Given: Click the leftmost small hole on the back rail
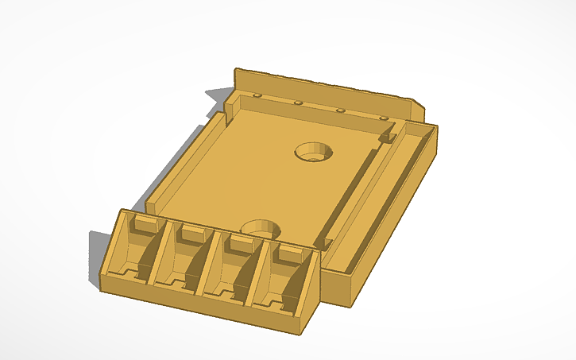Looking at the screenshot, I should point(257,95).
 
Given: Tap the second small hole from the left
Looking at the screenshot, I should point(298,103).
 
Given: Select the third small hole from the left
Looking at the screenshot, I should point(340,110).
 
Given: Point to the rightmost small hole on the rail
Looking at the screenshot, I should point(383,118).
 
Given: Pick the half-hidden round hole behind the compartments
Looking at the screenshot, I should point(262,228).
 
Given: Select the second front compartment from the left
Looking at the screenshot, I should point(181,265).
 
